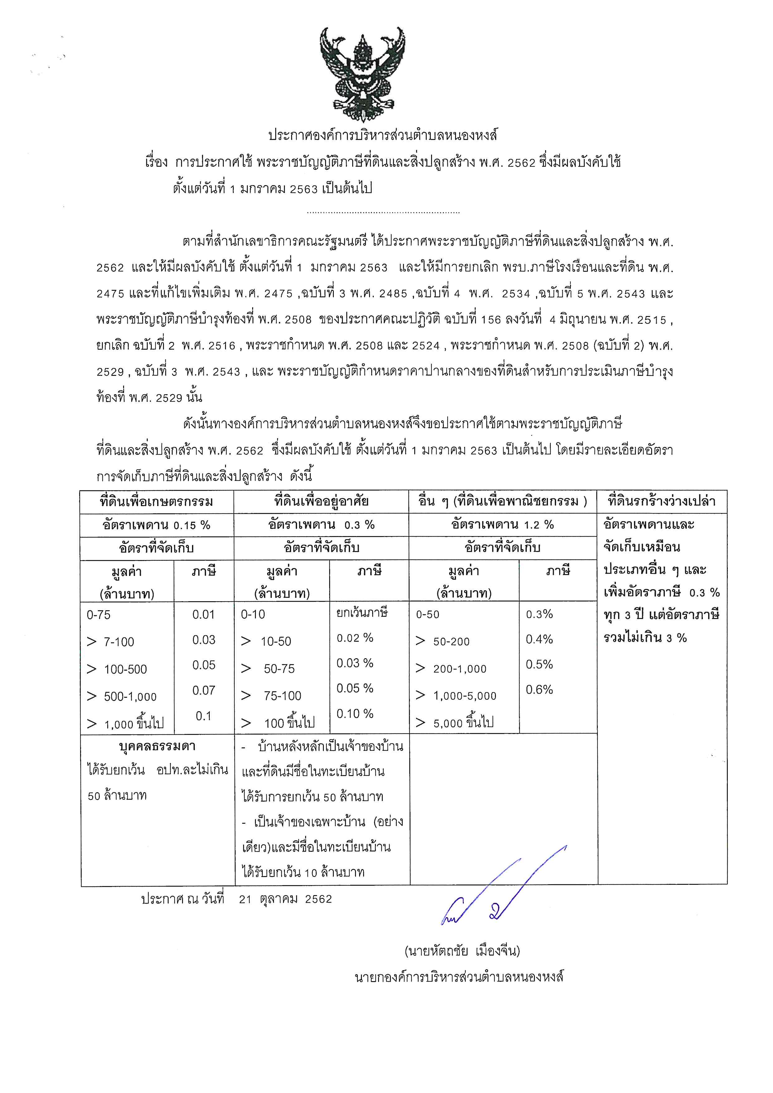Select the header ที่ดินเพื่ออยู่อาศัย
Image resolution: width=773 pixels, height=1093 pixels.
321,501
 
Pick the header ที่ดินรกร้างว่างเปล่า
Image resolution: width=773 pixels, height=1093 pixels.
662,501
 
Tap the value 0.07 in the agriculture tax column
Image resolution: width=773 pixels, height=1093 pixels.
204,690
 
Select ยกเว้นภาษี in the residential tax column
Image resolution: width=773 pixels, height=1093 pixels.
362,612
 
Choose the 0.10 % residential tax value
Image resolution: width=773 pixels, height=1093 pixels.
355,714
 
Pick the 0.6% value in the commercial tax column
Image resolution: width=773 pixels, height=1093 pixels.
539,689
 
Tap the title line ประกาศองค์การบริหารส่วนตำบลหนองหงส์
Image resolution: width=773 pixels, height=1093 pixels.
383,136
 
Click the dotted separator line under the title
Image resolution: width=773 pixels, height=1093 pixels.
383,212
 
